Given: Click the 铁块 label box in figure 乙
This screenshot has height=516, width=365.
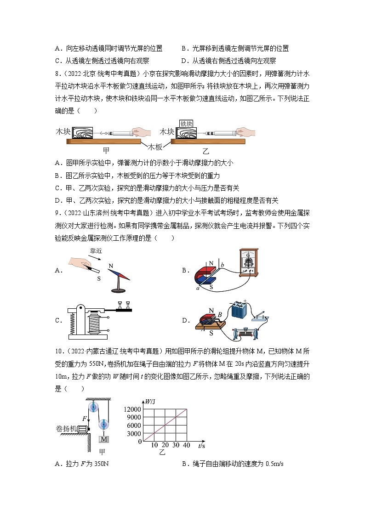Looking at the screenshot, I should coord(186,123).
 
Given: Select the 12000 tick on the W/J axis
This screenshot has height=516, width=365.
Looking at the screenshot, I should coord(132,409).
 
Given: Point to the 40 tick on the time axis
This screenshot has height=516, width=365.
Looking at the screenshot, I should coord(186,446).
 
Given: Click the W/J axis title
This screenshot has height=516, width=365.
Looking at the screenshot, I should coord(150,403).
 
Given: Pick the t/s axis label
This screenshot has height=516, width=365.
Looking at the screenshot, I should coord(202,446).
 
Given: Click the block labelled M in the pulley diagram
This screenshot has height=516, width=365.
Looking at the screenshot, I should coord(104,439).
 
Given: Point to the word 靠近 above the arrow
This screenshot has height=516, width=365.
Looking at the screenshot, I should coord(96,251).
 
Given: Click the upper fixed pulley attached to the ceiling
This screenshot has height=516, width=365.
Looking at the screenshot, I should coord(94,407).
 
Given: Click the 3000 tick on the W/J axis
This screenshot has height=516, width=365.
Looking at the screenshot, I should coord(134,433).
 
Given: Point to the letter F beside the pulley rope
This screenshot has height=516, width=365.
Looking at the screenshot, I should coord(84,418).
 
